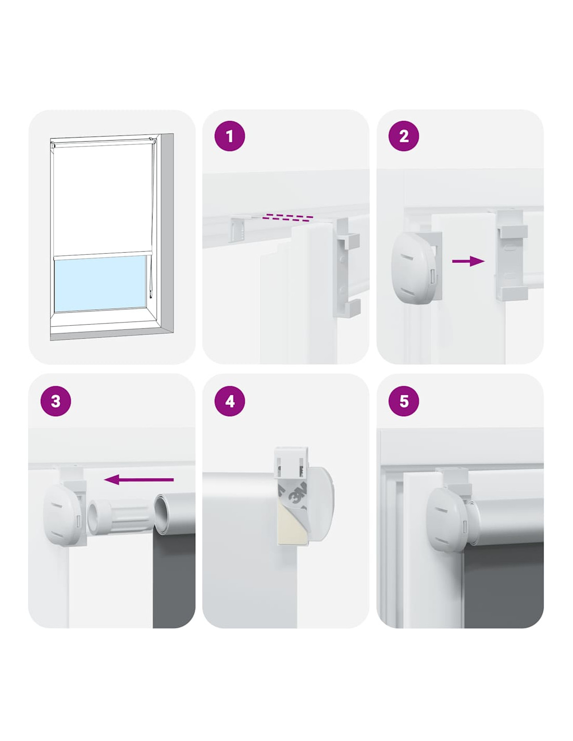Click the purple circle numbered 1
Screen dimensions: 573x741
229,136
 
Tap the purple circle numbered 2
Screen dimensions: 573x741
404,136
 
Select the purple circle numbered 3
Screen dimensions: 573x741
56,401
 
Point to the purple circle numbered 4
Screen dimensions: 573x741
229,401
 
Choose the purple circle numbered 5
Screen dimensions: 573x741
404,401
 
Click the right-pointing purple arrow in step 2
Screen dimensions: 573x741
468,261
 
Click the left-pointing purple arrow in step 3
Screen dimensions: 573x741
139,479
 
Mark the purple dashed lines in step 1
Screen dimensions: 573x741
290,218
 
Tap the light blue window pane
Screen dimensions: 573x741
100,283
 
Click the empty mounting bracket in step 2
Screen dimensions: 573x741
509,255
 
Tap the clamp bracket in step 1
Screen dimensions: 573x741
346,268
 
